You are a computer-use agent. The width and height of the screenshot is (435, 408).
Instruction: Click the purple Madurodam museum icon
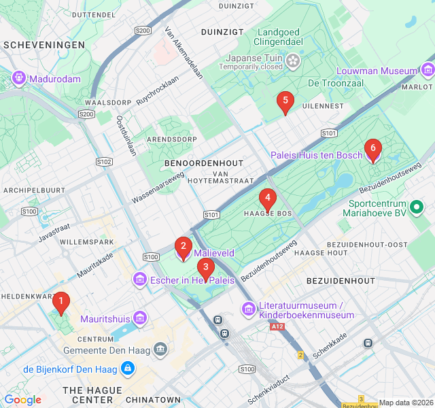pyautogui.click(x=18, y=79)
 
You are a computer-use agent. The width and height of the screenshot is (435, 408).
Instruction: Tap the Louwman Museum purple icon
pyautogui.click(x=428, y=71)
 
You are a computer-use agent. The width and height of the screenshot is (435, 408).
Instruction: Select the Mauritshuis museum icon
pyautogui.click(x=140, y=318)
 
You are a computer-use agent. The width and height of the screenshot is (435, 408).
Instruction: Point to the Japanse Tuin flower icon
pyautogui.click(x=293, y=62)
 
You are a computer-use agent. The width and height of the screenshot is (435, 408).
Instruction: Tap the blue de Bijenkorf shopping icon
pyautogui.click(x=126, y=369)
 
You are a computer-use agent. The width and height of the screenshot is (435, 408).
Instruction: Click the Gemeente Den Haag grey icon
pyautogui.click(x=160, y=350)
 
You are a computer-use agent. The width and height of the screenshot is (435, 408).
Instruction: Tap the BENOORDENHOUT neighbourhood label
pyautogui.click(x=203, y=164)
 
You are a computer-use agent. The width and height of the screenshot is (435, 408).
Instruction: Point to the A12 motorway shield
pyautogui.click(x=277, y=327)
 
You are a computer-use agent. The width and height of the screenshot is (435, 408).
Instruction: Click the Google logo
pyautogui.click(x=22, y=400)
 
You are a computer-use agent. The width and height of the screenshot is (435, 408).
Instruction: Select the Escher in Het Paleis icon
pyautogui.click(x=140, y=279)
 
